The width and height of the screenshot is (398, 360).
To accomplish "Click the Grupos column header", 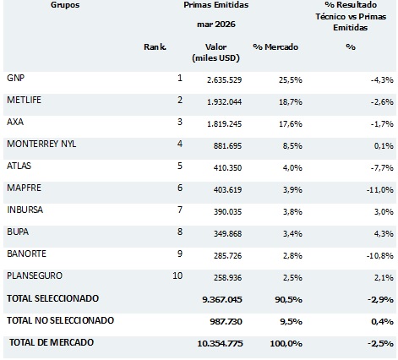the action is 65,5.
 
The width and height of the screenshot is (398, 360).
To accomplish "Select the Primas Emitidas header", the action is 216,5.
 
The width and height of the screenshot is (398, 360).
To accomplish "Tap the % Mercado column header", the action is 275,46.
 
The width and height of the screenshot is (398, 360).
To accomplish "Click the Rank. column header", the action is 155,46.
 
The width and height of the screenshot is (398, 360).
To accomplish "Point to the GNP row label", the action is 16,78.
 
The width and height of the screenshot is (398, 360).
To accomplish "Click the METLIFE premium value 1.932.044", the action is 224,101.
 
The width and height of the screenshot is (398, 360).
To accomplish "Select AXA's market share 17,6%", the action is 291,124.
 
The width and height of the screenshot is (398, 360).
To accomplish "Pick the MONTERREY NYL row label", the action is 41,144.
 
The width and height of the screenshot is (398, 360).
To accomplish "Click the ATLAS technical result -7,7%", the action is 382,168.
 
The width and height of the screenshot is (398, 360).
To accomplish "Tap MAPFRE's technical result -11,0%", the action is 380,190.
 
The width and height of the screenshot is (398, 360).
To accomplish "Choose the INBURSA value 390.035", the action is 227,212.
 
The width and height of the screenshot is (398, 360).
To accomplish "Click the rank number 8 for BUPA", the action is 180,232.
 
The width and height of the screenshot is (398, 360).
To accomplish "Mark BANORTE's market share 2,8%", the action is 292,256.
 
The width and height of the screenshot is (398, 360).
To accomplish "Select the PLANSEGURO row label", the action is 35,275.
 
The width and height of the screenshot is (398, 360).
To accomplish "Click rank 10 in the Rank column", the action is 177,275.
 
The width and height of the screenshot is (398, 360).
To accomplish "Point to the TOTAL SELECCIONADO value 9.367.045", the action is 222,299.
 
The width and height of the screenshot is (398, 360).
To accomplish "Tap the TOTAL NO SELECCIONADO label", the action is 60,320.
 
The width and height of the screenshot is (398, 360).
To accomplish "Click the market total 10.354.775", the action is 220,344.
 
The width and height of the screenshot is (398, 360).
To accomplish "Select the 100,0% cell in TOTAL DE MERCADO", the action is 286,344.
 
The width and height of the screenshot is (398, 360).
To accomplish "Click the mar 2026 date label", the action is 216,25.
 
